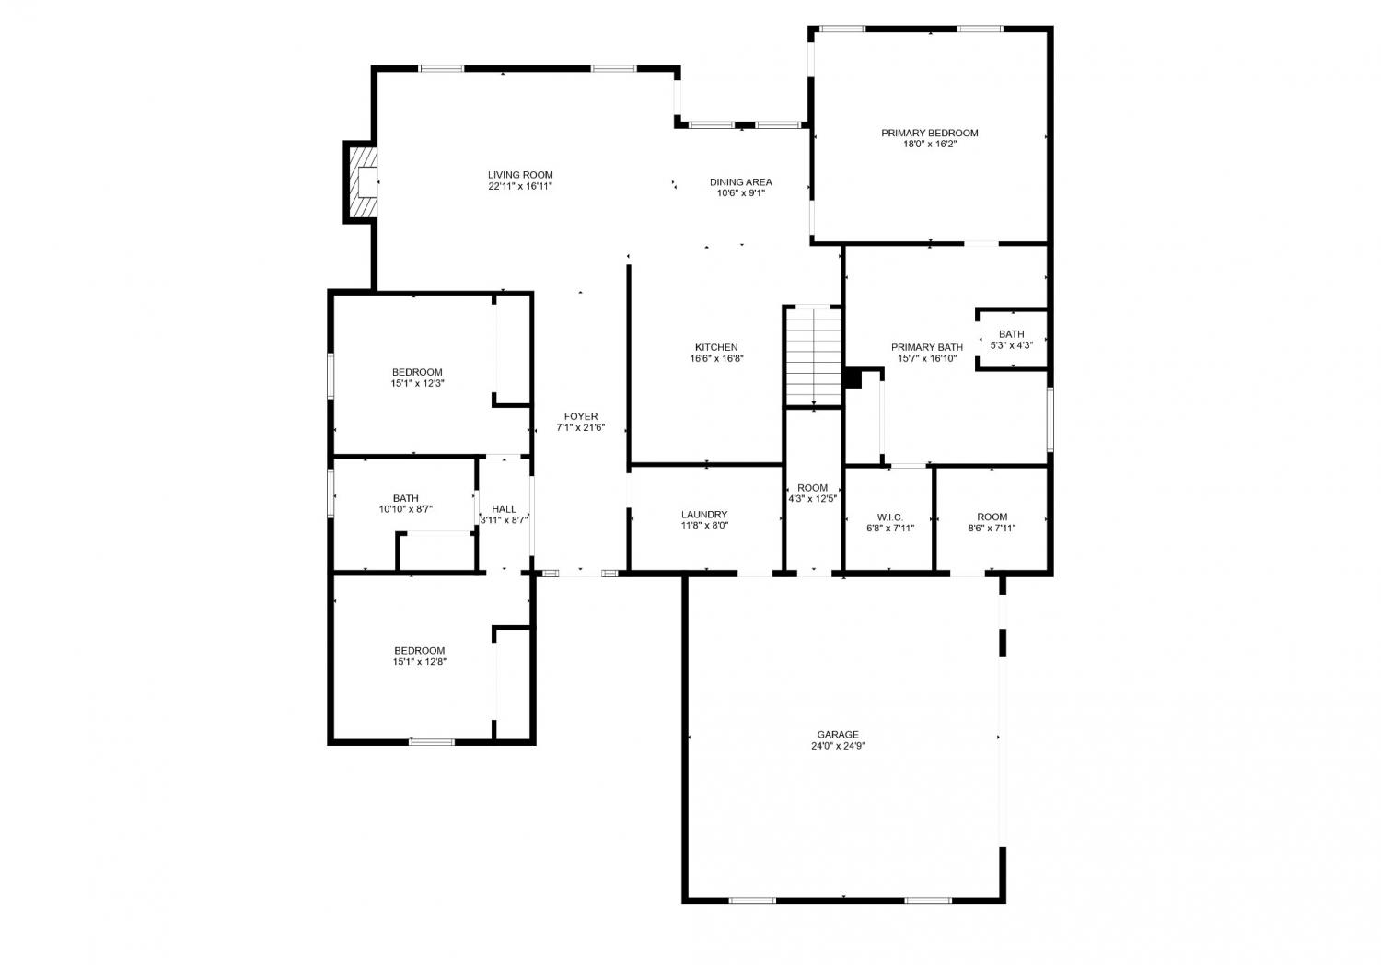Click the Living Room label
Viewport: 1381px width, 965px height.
click(520, 175)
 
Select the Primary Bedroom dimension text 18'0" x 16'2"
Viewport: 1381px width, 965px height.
click(930, 145)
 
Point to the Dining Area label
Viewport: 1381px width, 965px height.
click(740, 182)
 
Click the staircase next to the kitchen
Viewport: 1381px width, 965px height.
click(813, 356)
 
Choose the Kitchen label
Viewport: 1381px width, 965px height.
click(716, 347)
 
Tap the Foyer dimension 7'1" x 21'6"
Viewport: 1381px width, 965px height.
click(581, 427)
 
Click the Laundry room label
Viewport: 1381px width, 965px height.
click(704, 514)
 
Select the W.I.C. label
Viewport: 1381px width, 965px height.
click(890, 517)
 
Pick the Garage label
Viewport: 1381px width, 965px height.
click(838, 735)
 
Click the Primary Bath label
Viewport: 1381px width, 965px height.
click(927, 347)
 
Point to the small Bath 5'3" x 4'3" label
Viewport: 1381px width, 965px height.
click(1012, 334)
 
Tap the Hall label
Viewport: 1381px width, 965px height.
click(505, 508)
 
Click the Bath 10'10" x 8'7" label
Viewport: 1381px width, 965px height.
click(406, 498)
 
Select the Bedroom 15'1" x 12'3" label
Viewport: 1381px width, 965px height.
click(417, 372)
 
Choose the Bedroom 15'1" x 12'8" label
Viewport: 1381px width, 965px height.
click(420, 650)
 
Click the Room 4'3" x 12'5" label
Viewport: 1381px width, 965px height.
click(813, 488)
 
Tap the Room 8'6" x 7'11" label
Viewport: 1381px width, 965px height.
click(992, 517)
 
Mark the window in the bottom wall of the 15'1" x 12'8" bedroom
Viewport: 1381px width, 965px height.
click(432, 742)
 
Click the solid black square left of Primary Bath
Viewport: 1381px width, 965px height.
click(853, 378)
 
